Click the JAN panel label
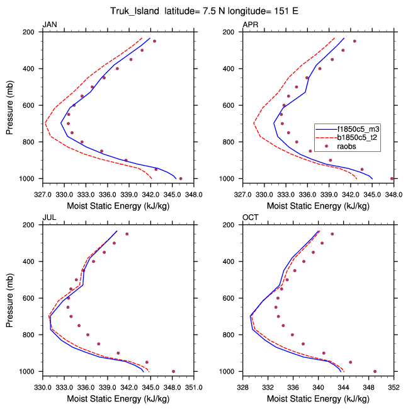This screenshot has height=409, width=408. (x=48, y=25)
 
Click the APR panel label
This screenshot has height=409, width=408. (x=250, y=25)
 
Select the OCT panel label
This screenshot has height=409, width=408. (x=250, y=218)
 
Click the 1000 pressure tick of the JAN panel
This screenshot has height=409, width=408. (x=26, y=179)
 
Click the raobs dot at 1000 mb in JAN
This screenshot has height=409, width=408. (x=181, y=178)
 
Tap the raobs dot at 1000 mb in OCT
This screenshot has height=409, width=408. (x=375, y=371)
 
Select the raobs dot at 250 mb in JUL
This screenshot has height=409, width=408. (x=127, y=234)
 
